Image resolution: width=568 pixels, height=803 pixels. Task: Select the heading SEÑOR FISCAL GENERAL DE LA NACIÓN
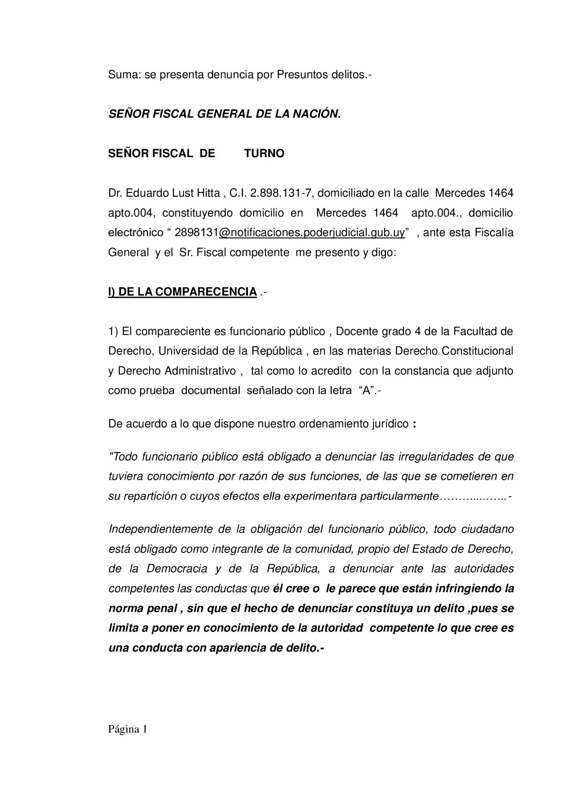pos(225,114)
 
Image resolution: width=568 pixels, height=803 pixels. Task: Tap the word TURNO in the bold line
pos(264,153)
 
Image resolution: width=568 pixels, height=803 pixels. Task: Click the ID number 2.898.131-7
pos(280,193)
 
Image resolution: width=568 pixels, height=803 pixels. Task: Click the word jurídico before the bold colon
pos(390,424)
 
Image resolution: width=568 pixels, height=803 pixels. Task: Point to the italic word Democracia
pos(177,568)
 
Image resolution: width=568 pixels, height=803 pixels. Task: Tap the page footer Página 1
pos(128,729)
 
